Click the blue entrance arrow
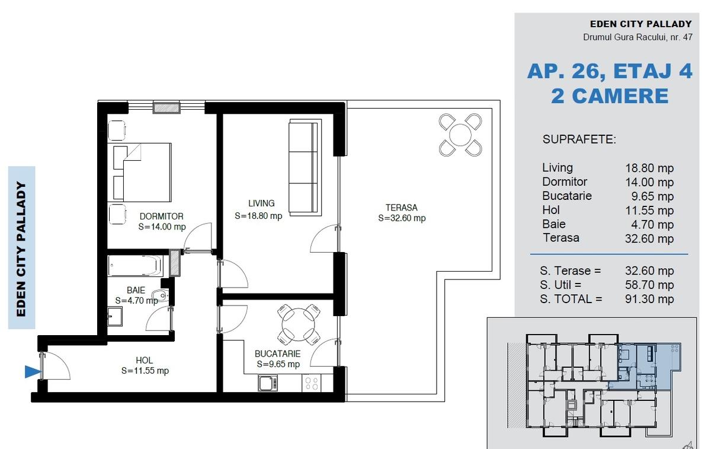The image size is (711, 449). coord(33,372)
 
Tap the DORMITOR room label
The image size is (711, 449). coord(162,216)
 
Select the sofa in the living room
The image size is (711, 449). coord(305,167)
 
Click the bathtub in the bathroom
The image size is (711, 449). coord(134,266)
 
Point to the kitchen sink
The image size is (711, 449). coord(268,383)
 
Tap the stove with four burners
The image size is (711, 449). coord(311,383)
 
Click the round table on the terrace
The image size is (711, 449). coord(460,135)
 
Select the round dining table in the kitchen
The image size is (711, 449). coord(299,324)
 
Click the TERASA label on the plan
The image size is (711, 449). coord(402,208)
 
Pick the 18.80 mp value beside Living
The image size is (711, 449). coord(649,168)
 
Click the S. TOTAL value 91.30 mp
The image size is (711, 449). coord(649,299)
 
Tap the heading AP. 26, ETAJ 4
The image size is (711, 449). coord(610,71)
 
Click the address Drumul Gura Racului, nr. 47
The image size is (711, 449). coord(638,37)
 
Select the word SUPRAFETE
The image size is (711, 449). coord(579,139)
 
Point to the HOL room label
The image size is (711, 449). coord(145,361)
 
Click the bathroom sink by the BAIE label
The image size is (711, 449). coord(161,295)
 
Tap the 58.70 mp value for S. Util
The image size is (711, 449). coord(649,285)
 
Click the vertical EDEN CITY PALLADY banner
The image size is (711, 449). coord(21,248)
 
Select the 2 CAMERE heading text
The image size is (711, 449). coord(610,96)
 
